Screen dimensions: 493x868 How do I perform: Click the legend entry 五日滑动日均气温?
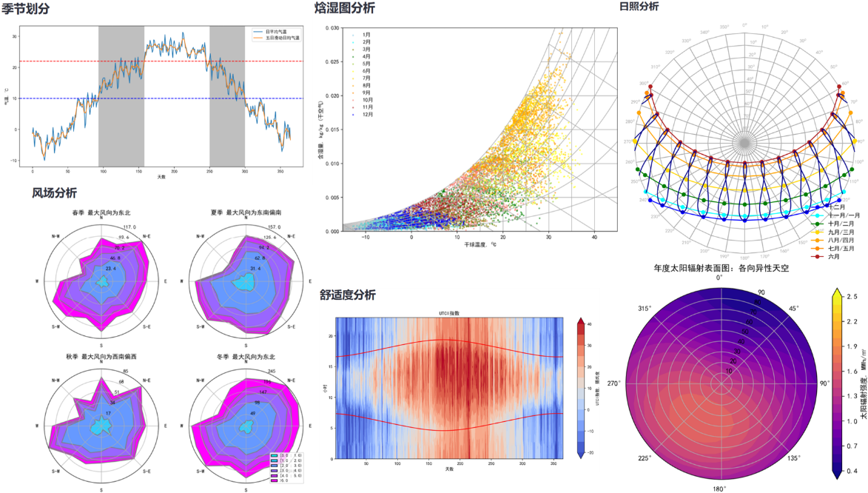pyautogui.click(x=282, y=37)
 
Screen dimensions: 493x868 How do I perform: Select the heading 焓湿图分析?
pyautogui.click(x=344, y=8)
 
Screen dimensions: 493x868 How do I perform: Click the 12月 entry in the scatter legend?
pyautogui.click(x=367, y=115)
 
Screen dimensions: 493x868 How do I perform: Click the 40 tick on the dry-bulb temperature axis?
pyautogui.click(x=594, y=236)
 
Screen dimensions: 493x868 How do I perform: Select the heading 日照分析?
pyautogui.click(x=639, y=6)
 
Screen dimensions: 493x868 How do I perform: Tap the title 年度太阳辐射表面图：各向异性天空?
pyautogui.click(x=721, y=268)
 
